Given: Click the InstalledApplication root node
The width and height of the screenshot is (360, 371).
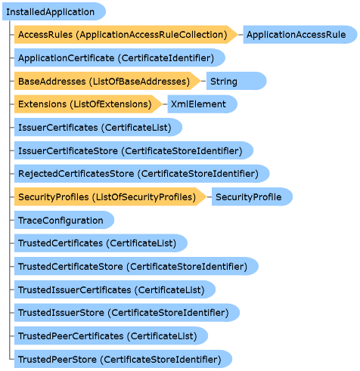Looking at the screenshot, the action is (54, 11).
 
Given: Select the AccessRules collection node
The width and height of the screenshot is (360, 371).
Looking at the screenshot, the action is (126, 35).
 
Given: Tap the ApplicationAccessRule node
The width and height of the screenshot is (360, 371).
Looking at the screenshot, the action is (300, 35).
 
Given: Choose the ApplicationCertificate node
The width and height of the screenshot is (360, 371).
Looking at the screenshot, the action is (119, 57).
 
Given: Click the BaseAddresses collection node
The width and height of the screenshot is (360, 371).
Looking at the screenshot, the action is (107, 81).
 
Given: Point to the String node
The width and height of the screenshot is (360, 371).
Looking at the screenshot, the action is (236, 81).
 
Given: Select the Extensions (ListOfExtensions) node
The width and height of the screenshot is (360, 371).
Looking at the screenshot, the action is (88, 104).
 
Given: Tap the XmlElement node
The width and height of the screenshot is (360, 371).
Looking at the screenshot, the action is (202, 104).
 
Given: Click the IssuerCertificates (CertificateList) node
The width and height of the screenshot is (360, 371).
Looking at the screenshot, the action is (98, 127).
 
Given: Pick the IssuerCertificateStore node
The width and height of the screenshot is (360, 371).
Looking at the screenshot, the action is (134, 150).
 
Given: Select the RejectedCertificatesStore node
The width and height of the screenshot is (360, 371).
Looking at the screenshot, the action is (141, 174).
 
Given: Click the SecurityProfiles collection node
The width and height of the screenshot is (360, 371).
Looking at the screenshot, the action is (110, 196).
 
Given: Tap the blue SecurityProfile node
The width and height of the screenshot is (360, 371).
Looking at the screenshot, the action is (252, 196).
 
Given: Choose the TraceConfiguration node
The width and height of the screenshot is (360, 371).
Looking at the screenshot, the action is (64, 220).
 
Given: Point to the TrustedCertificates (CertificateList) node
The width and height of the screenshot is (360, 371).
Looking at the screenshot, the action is (101, 243).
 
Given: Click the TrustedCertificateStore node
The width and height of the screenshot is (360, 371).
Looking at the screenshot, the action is (136, 266).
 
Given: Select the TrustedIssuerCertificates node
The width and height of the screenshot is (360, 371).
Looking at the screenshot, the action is (115, 289).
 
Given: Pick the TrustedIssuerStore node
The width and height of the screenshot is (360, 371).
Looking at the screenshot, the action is (127, 313).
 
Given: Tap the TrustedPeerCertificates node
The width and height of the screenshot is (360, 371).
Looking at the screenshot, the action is (111, 335).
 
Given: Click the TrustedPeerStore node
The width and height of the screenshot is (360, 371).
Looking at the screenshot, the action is (123, 359).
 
